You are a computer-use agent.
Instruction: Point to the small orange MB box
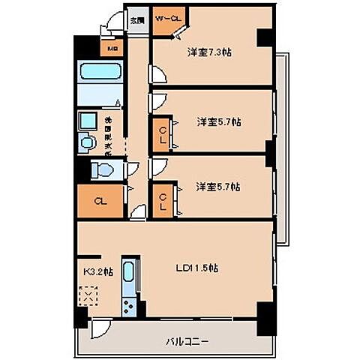113,49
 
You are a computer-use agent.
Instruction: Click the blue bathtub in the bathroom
100,73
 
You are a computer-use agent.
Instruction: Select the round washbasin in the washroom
87,141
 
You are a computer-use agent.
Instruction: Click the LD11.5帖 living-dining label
196,267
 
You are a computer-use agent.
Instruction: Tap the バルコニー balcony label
187,341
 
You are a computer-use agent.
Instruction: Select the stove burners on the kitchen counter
129,307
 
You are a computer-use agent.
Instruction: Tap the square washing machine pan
88,120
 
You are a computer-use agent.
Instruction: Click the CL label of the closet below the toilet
99,200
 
